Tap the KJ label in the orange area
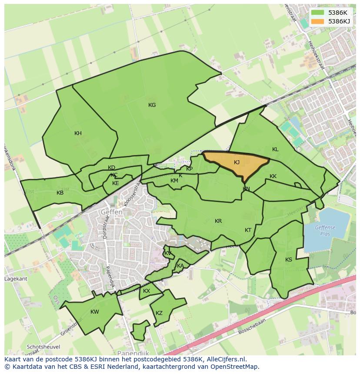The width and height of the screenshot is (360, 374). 237,162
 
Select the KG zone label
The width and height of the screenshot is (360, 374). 152,105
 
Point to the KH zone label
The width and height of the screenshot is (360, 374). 78,133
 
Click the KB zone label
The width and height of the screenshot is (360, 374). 60,193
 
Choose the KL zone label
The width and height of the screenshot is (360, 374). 275,149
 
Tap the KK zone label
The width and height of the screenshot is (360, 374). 273,176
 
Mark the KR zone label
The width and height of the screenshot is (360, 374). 218,221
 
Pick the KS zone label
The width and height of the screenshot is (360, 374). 289,260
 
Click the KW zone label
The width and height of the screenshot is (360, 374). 95,312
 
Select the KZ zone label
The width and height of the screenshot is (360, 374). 159,313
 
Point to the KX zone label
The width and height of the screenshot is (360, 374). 147,291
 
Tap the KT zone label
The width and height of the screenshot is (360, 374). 248,230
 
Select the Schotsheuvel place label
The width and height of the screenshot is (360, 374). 43,347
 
